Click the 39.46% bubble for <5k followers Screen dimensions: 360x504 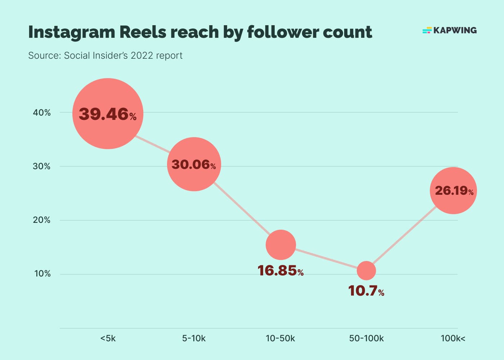[x=108, y=114]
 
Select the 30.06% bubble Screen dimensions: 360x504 [x=194, y=164]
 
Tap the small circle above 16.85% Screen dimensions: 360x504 [x=281, y=245]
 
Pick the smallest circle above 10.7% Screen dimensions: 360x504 [x=366, y=271]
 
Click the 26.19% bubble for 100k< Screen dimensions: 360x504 [x=453, y=190]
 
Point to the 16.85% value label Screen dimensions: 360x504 [x=280, y=271]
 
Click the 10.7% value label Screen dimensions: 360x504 [x=366, y=291]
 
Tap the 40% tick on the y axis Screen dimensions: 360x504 [x=42, y=113]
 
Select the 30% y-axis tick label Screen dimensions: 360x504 [x=42, y=166]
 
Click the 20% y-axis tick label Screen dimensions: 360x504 [x=42, y=220]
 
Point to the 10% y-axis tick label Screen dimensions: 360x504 [x=42, y=274]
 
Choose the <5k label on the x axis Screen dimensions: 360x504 [x=108, y=338]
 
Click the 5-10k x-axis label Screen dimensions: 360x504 [x=194, y=338]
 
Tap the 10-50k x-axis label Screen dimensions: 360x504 [x=280, y=338]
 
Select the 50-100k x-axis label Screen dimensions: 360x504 [x=366, y=338]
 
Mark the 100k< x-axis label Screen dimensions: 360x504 [x=453, y=338]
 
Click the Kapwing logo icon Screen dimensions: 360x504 [x=427, y=30]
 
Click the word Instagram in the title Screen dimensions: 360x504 [x=71, y=32]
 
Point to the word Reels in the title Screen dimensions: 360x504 [x=143, y=32]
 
